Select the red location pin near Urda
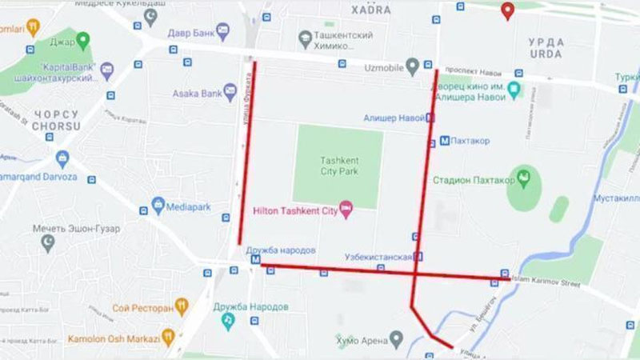506,10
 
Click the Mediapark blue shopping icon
158,206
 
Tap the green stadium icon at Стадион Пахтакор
525,178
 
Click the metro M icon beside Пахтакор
445,141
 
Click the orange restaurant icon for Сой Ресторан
182,306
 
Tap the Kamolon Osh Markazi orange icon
168,337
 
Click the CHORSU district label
56,126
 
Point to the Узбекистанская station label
378,257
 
